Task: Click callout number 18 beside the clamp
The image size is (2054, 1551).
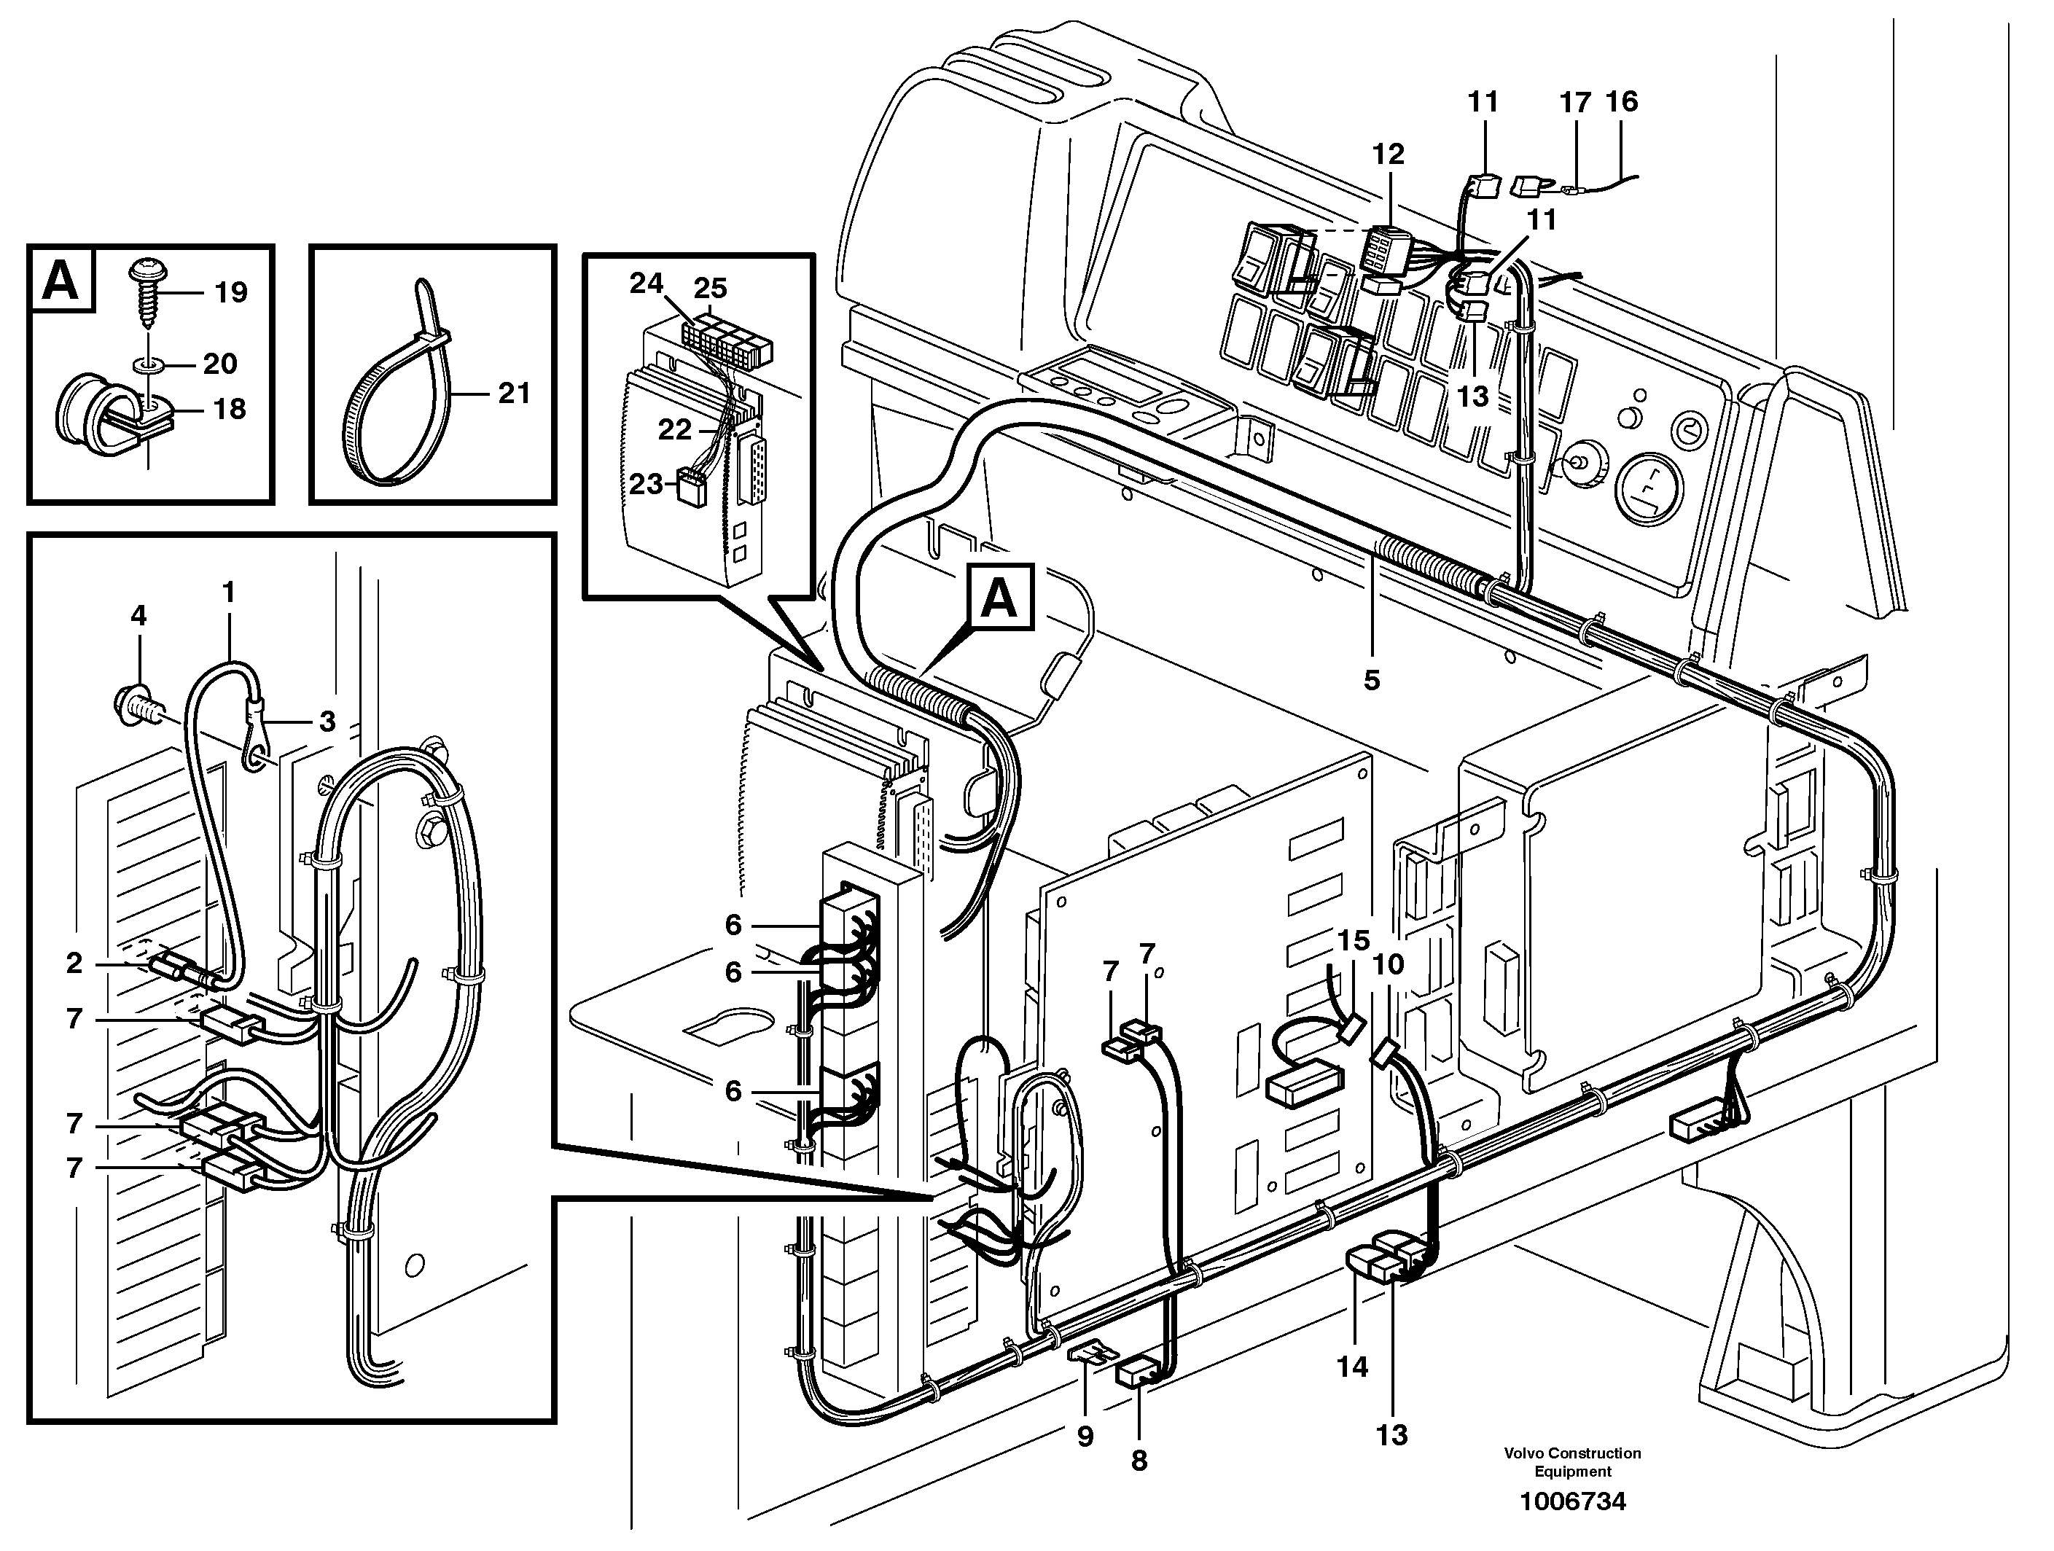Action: (x=230, y=409)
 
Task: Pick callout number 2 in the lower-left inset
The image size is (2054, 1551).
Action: (x=75, y=963)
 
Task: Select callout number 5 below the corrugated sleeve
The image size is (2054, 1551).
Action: (x=1372, y=680)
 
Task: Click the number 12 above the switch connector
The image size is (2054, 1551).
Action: (x=1389, y=155)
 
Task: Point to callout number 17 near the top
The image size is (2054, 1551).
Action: (x=1575, y=102)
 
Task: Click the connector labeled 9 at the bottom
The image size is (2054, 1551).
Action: (x=1093, y=1353)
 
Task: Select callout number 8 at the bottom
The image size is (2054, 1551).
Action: (x=1139, y=1460)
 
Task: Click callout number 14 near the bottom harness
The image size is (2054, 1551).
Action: (x=1353, y=1392)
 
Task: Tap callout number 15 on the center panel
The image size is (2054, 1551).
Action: (x=1354, y=941)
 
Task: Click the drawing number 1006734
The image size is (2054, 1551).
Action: (x=1572, y=1501)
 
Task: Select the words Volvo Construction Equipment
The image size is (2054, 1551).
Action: (x=1572, y=1462)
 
